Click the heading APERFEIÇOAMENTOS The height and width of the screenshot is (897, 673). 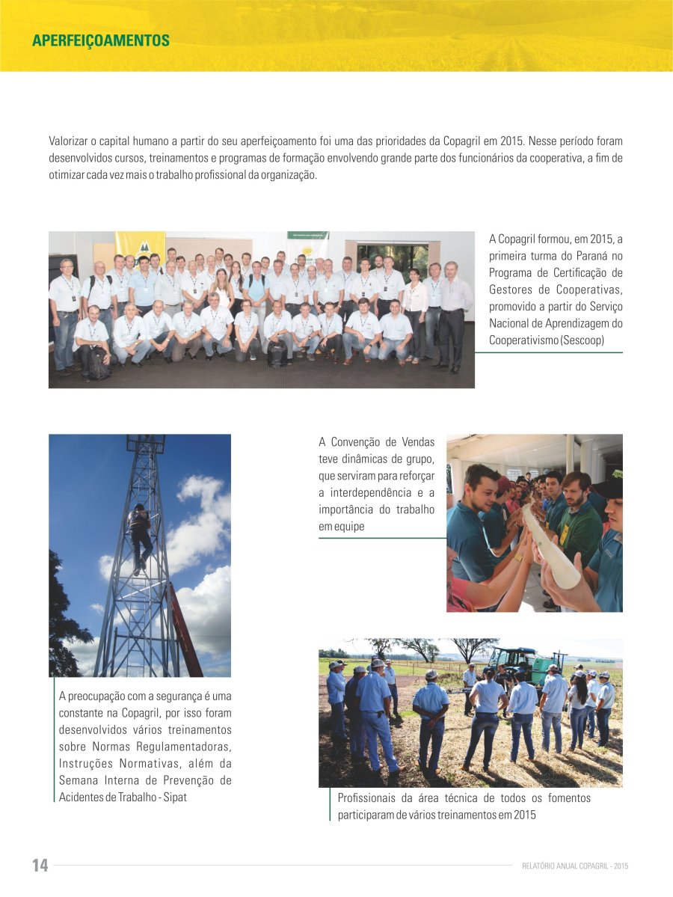[101, 40]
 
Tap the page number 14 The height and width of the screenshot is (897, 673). [40, 866]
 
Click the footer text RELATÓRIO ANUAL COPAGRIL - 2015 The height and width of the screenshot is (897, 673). [575, 866]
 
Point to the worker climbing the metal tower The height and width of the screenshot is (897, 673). [139, 533]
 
